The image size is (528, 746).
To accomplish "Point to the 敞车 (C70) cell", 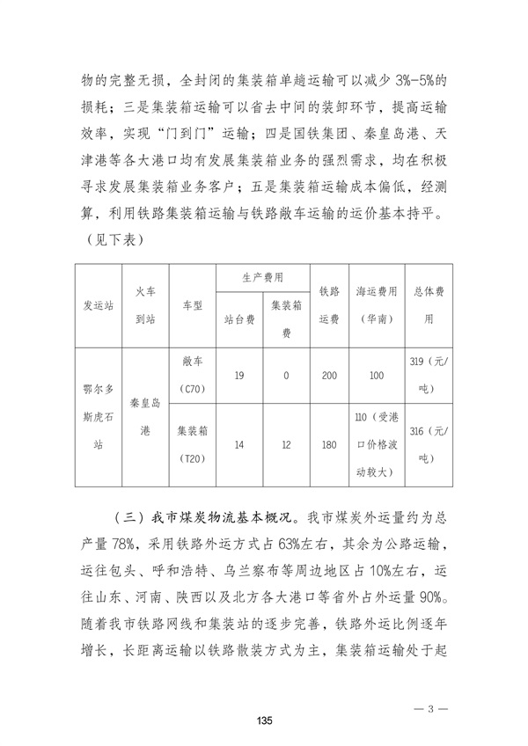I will coord(192,375).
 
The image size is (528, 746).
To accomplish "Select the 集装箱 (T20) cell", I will coord(192,445).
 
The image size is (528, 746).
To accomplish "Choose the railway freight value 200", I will coord(329,375).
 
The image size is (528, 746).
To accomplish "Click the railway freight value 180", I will coord(329,445).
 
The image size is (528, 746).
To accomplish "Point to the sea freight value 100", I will coord(377,375).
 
